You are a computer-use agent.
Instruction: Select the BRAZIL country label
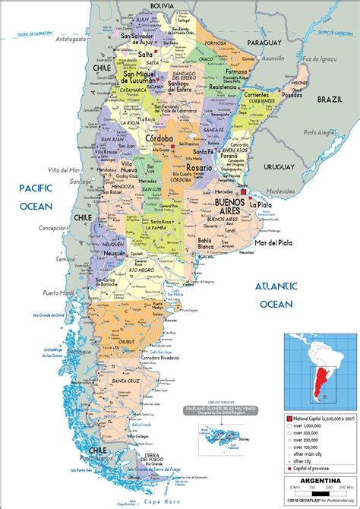[x=330, y=100]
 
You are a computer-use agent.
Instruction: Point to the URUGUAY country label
[x=279, y=166]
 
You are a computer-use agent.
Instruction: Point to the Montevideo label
[x=280, y=191]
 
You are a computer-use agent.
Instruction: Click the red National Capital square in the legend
[x=289, y=418]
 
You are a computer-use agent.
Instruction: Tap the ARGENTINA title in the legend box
[x=318, y=482]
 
